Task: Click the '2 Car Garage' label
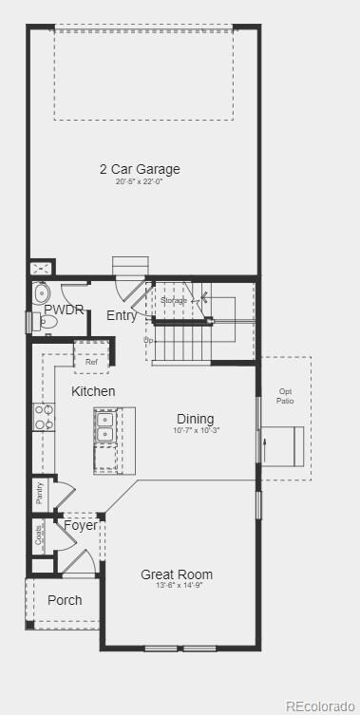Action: tap(140, 170)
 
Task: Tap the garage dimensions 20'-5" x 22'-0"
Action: tap(140, 182)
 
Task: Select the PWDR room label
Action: tap(64, 310)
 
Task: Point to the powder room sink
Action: tap(41, 292)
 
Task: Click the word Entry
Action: tap(122, 316)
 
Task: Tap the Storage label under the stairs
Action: tap(174, 300)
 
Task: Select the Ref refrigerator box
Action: tap(91, 362)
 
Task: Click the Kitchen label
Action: tap(93, 391)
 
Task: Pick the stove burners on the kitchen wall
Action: tap(44, 418)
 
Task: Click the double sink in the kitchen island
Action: tap(105, 426)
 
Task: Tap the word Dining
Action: tap(195, 419)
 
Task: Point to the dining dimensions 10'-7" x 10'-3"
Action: tap(197, 431)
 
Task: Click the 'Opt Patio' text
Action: tap(286, 396)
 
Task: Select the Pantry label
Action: tap(40, 491)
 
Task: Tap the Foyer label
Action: tap(80, 525)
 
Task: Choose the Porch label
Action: tap(65, 600)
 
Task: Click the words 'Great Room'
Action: tap(177, 574)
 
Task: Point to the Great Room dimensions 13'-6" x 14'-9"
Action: tap(177, 586)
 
